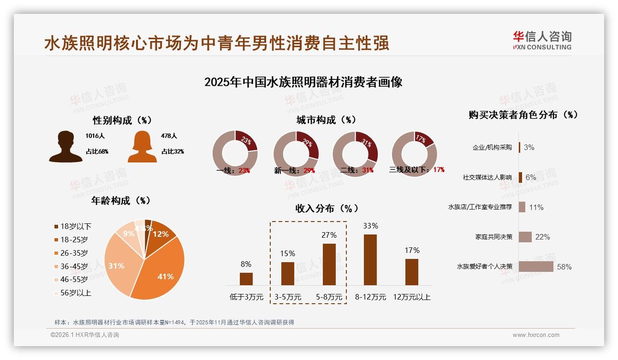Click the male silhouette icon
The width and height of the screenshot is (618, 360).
point(65,146)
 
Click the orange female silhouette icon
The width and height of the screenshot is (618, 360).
point(142,146)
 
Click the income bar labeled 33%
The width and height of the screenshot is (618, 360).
point(370,259)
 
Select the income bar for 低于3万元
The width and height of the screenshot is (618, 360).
point(246,279)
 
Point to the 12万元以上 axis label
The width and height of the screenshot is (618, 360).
point(412,297)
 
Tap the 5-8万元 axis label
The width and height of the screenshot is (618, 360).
point(329,297)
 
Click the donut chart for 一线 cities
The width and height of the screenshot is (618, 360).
point(235,153)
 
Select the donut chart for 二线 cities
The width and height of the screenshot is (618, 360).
point(355,153)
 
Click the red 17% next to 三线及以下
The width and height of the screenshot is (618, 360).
point(439,170)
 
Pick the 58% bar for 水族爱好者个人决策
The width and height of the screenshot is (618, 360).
point(536,266)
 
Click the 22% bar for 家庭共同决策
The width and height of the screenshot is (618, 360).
point(525,237)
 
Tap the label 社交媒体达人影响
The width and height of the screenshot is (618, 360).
point(487,177)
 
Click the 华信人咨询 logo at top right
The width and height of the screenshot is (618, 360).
point(542,40)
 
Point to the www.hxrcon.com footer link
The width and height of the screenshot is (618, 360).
point(536,335)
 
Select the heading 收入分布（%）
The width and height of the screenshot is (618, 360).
point(327,208)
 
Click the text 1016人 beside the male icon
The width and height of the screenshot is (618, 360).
point(95,136)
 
